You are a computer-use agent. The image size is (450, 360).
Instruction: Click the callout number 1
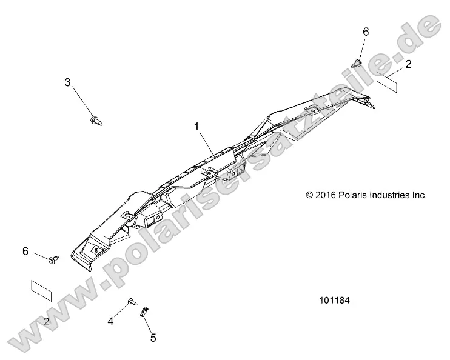click(196, 127)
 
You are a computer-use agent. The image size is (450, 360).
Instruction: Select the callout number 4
click(111, 321)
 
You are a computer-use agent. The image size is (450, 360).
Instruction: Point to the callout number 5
click(153, 338)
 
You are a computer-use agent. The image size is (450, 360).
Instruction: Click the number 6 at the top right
click(365, 31)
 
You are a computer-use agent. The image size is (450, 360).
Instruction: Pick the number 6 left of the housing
click(25, 251)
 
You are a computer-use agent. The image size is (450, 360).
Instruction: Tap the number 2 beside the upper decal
click(409, 64)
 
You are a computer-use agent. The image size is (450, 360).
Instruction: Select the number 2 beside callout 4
click(47, 321)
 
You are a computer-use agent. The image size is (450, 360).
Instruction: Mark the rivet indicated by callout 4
click(132, 301)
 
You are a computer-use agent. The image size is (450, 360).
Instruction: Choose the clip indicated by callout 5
click(144, 312)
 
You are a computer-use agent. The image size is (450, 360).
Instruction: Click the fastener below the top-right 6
click(357, 62)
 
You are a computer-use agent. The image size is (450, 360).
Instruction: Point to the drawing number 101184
click(334, 300)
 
